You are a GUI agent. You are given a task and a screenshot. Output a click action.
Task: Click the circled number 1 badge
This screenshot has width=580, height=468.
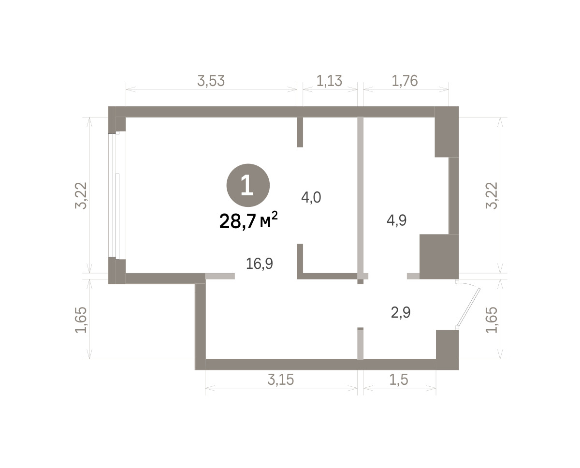pos(248,185)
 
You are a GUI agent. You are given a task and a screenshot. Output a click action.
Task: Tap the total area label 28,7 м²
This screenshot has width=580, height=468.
pos(248,220)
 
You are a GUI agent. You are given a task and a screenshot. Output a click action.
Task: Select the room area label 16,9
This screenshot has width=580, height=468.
pos(259,263)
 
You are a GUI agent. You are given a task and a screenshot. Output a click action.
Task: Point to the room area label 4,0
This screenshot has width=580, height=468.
pos(311,198)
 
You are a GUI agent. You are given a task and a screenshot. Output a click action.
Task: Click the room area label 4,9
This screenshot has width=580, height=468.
pos(396,220)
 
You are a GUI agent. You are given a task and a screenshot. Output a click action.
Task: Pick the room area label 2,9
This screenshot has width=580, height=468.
pos(401,313)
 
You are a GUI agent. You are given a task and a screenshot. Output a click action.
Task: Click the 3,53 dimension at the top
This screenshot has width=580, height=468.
pos(211,81)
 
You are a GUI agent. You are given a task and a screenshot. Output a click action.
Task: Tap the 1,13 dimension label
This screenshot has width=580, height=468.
pos(329,81)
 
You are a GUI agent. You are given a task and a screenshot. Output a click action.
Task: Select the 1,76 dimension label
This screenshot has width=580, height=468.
pos(405,81)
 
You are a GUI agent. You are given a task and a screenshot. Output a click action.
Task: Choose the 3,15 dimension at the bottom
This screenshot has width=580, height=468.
pos(280,380)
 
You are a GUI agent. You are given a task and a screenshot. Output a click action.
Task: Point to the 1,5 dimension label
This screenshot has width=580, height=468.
pos(399,380)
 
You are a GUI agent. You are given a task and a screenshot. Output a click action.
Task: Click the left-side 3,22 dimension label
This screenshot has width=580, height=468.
pos(81,196)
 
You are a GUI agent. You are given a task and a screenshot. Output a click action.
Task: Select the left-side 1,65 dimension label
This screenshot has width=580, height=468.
pos(81,320)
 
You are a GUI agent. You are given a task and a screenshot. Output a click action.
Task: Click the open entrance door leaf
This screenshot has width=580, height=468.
pos(469,307)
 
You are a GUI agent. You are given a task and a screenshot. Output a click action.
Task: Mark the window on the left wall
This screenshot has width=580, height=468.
pos(114,195)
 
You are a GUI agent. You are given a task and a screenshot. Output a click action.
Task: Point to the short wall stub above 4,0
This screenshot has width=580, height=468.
pos(300,132)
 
